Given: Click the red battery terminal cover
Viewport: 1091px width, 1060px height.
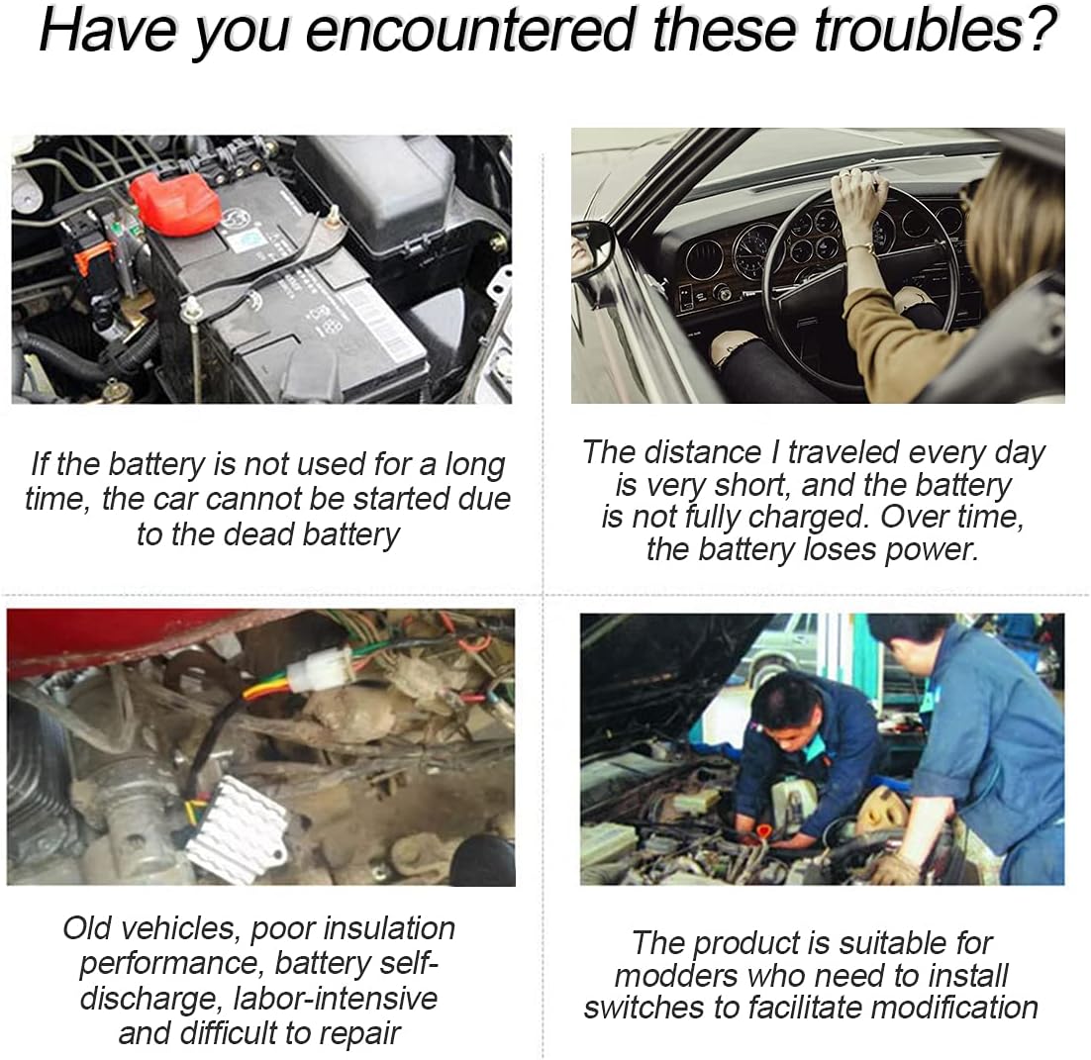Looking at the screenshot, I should click(175, 202).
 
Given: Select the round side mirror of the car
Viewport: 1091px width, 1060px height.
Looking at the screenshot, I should click(592, 248).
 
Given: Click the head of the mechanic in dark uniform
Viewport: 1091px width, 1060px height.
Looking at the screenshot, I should click(784, 701).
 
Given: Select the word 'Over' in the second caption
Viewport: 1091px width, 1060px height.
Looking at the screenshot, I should click(912, 517).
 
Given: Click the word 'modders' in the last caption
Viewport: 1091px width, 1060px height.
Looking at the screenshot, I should click(677, 975).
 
